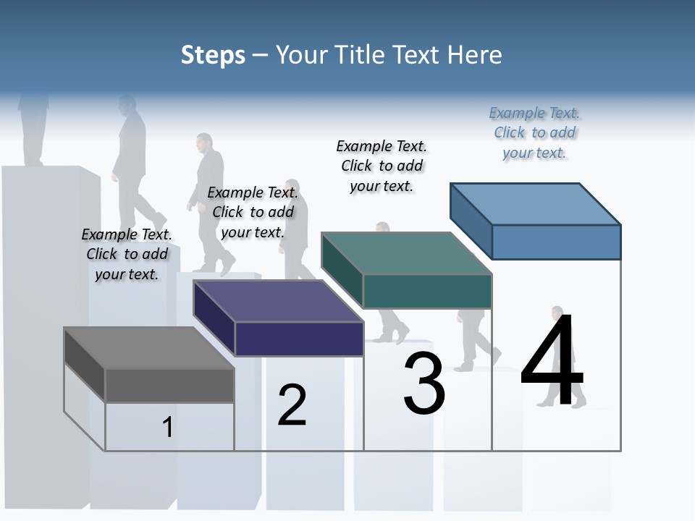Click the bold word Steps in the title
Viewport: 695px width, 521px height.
213,55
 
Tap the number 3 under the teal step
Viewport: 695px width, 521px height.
424,384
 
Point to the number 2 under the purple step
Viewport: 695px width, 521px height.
292,405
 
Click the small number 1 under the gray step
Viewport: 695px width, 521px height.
167,427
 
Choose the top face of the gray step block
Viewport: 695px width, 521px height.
148,348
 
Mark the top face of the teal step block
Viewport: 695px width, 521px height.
406,254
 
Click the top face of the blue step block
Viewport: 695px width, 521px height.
535,204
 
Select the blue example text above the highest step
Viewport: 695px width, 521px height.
534,133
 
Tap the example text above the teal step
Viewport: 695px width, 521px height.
382,166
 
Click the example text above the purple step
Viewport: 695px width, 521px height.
253,212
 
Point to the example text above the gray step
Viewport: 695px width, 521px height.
127,254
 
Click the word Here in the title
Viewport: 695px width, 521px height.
474,55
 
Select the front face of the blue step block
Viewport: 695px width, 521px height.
556,242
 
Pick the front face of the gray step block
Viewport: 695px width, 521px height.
169,385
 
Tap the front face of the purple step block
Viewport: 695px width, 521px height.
299,339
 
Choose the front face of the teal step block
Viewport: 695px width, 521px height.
427,291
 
